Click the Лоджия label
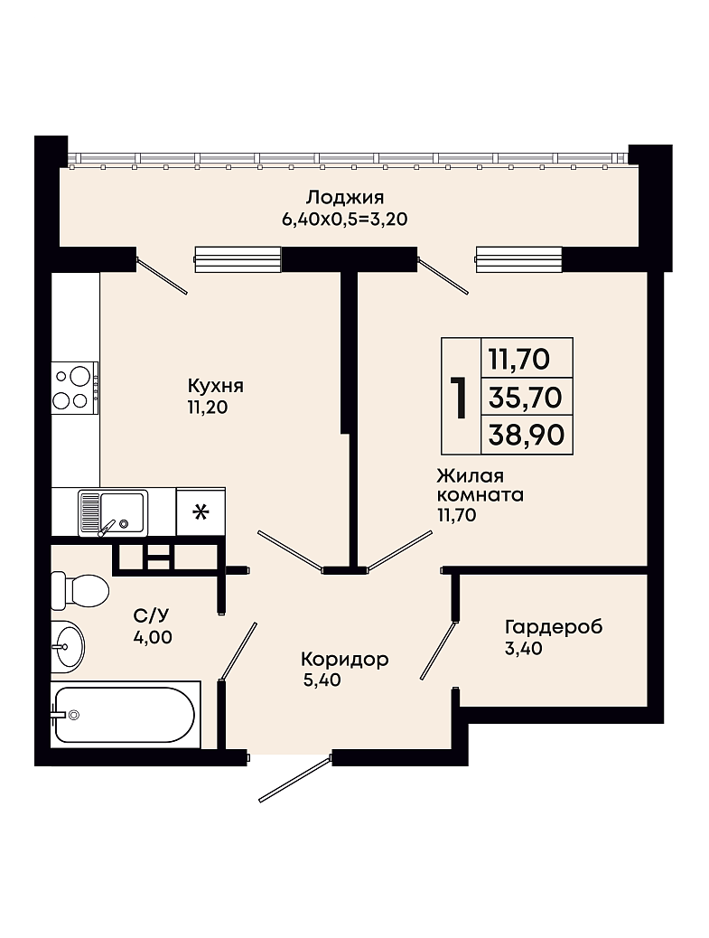(345, 198)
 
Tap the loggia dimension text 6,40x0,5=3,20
(345, 220)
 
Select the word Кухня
(215, 386)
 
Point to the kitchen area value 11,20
(208, 408)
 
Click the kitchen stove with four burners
(75, 388)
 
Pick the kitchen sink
(113, 512)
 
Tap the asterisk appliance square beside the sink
(201, 512)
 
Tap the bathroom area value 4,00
(153, 637)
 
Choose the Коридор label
(344, 660)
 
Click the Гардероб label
(554, 627)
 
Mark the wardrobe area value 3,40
(524, 648)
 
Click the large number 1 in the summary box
(460, 397)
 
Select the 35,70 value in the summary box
(526, 397)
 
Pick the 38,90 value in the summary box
(526, 435)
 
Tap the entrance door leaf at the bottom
(294, 780)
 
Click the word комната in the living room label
(480, 495)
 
